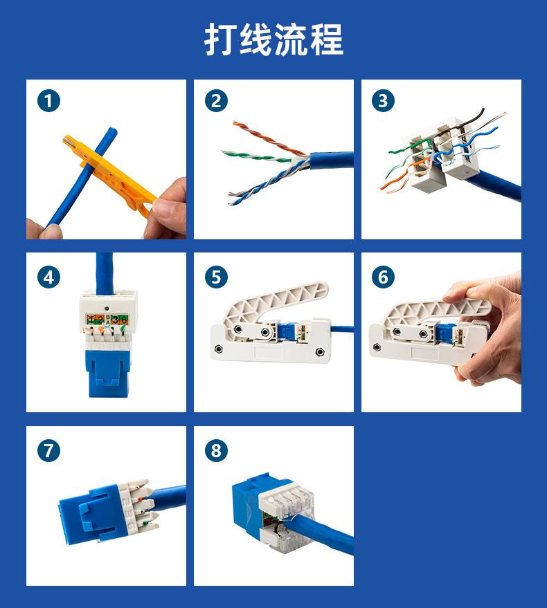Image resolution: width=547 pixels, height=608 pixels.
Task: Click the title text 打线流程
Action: pyautogui.click(x=273, y=39)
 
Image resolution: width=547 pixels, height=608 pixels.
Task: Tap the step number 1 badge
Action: pyautogui.click(x=49, y=101)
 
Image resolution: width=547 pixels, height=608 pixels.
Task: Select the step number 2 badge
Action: pyautogui.click(x=216, y=101)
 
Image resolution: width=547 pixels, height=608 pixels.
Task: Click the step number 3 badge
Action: pyautogui.click(x=383, y=101)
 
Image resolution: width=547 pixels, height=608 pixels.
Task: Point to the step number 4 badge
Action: pyautogui.click(x=49, y=277)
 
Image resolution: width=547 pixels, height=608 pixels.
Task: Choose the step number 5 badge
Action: pyautogui.click(x=216, y=277)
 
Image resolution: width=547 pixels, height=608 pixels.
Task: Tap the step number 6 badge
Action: pyautogui.click(x=383, y=277)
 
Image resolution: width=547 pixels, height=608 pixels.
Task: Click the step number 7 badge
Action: pyautogui.click(x=49, y=450)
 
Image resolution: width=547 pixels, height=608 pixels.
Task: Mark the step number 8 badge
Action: pyautogui.click(x=216, y=450)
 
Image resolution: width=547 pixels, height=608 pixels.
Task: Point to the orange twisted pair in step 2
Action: pyautogui.click(x=268, y=138)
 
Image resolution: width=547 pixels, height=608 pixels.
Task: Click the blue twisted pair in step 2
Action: pyautogui.click(x=268, y=182)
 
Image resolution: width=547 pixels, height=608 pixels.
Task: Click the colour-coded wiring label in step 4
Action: pyautogui.click(x=107, y=320)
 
